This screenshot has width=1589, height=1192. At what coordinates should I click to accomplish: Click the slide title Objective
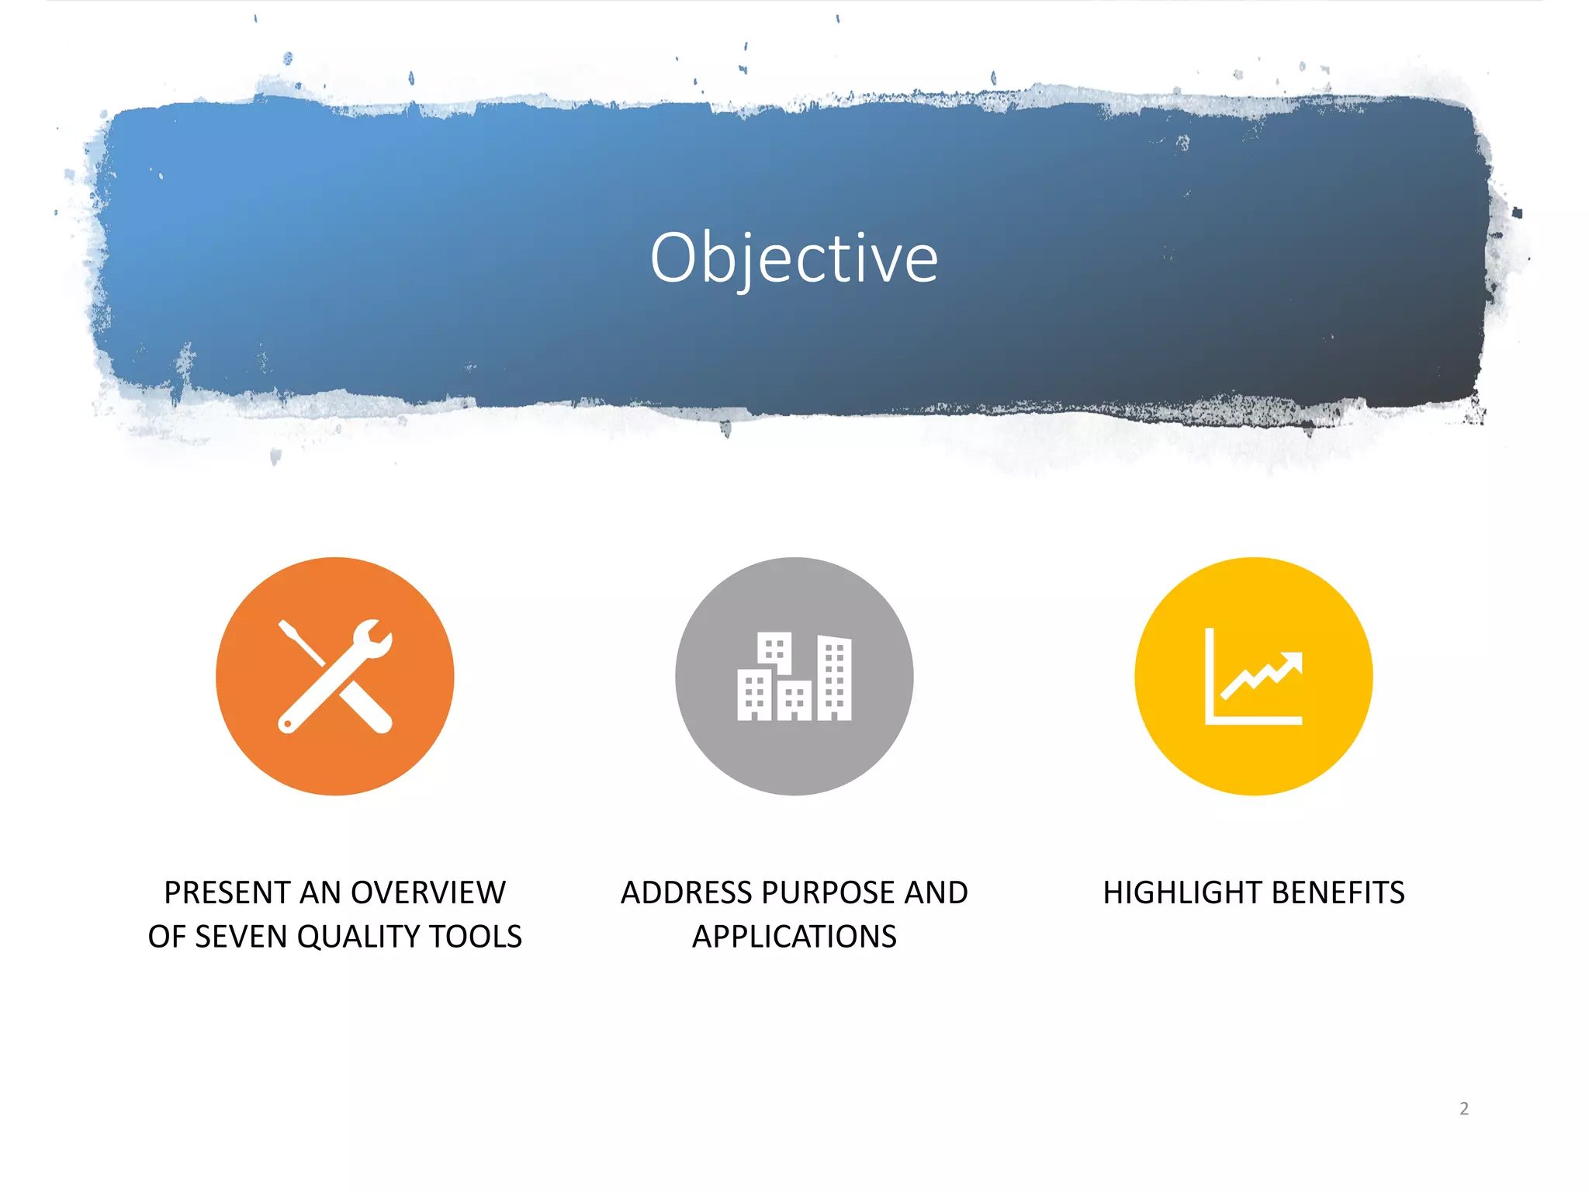794,258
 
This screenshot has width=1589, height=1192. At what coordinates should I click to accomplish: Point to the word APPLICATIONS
794,937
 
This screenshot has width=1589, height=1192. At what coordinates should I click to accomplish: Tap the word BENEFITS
1339,893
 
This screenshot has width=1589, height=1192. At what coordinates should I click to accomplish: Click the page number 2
1464,1109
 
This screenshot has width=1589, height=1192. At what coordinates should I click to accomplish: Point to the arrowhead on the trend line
1293,662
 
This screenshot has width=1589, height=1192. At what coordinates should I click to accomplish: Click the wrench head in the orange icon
370,639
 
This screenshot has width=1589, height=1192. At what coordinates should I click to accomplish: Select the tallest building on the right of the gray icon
834,678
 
